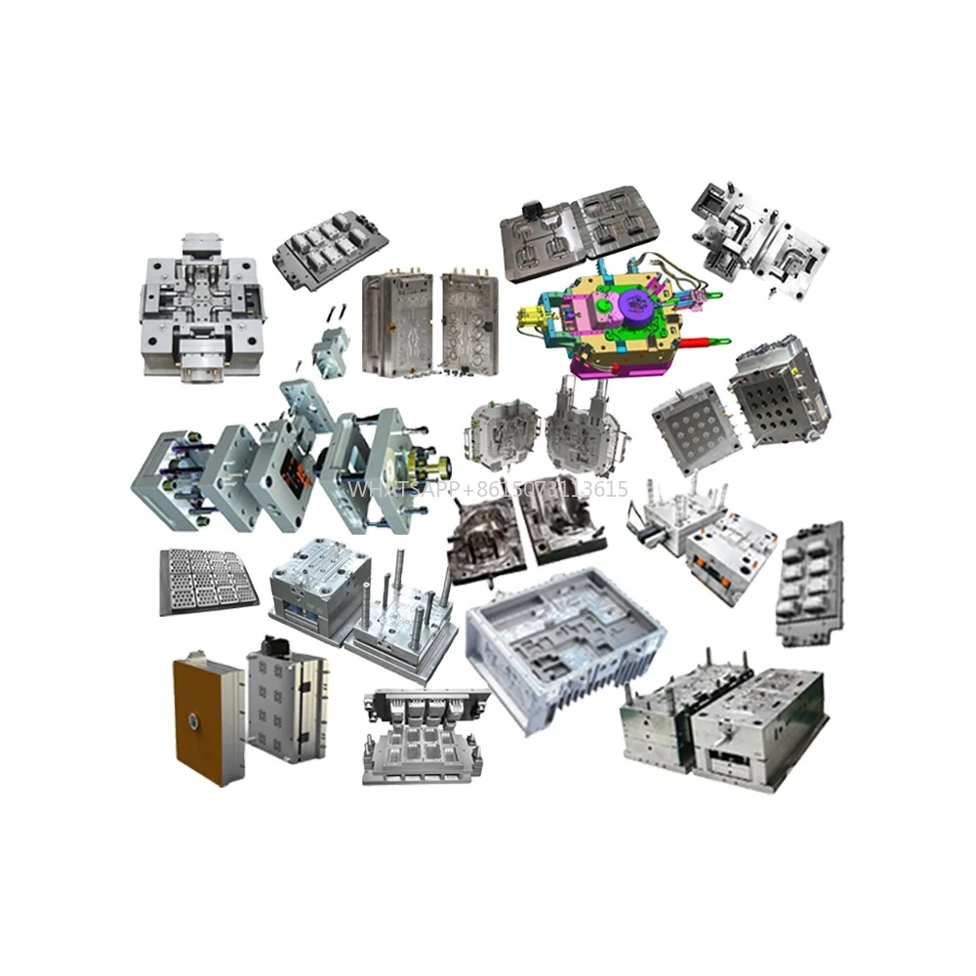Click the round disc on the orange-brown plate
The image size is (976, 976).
point(192,723)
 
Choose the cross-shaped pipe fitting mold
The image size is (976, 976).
point(199,304)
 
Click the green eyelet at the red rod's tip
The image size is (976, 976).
point(723,341)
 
